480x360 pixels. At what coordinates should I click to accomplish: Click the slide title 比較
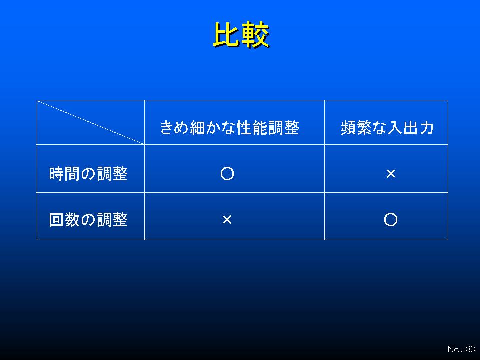pyautogui.click(x=241, y=35)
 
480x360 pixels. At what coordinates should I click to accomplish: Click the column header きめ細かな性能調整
pyautogui.click(x=229, y=127)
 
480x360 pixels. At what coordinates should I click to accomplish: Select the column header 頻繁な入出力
pyautogui.click(x=387, y=127)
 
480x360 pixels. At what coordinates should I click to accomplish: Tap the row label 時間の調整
pyautogui.click(x=88, y=174)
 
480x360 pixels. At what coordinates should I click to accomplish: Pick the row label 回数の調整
pyautogui.click(x=88, y=220)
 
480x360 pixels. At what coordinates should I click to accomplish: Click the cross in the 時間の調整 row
pyautogui.click(x=391, y=174)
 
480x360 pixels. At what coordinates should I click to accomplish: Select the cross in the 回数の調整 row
pyautogui.click(x=227, y=219)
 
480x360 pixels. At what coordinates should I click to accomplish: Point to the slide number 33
pyautogui.click(x=471, y=349)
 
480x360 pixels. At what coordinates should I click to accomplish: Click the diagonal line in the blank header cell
pyautogui.click(x=90, y=122)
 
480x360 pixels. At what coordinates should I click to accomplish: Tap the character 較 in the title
pyautogui.click(x=256, y=35)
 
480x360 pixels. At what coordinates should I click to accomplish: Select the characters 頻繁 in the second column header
pyautogui.click(x=356, y=127)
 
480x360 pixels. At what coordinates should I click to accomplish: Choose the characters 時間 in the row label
pyautogui.click(x=64, y=174)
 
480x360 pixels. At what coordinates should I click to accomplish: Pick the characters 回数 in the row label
pyautogui.click(x=64, y=220)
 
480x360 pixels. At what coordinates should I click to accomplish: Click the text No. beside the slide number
pyautogui.click(x=455, y=349)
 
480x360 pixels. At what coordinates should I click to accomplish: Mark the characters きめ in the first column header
pyautogui.click(x=175, y=127)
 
